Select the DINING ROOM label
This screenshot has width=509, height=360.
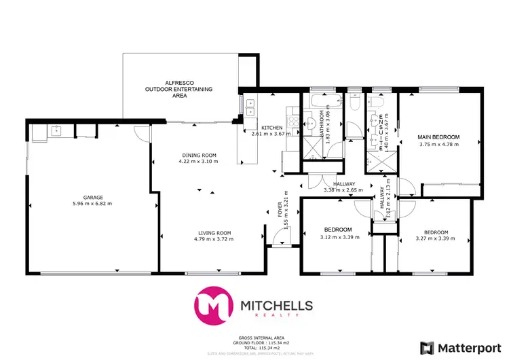[x=199, y=154]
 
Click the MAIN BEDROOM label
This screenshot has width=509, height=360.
[x=438, y=137]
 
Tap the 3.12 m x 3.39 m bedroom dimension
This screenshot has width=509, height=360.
[x=337, y=237]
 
